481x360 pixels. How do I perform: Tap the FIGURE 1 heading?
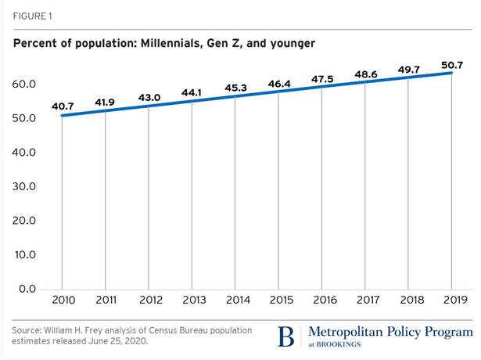[x=34, y=15]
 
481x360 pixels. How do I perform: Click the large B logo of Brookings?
[x=287, y=337]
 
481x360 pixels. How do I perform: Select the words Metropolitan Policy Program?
[x=392, y=331]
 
